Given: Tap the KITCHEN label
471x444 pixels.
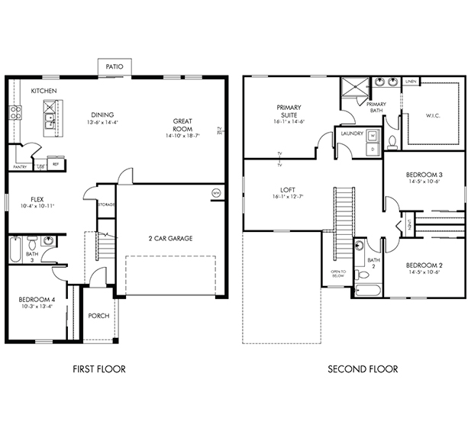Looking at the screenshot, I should tap(44, 92).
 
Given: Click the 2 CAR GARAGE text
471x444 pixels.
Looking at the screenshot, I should tap(169, 239).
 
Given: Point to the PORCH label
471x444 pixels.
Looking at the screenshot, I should tap(98, 315).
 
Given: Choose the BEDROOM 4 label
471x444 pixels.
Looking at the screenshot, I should tap(36, 300).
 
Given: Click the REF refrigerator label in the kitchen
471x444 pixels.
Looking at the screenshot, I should tap(56, 163).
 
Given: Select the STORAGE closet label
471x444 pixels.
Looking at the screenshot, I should tap(106, 204).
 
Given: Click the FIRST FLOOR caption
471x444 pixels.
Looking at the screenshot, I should tap(99, 369).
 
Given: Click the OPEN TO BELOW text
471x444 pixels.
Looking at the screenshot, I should tap(338, 274).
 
